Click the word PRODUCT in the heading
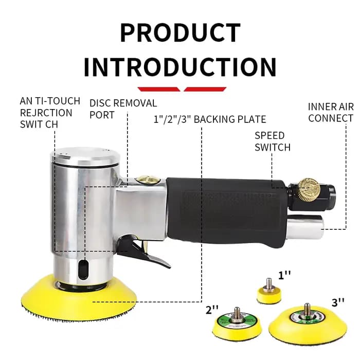coord(180,32)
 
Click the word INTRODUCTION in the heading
coord(180,66)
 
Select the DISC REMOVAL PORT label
coord(123,109)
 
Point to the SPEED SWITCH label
coord(273,141)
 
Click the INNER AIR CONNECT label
coord(331,113)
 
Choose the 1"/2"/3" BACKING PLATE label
coord(210,119)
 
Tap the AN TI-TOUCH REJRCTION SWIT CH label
coord(50,113)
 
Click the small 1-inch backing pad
coord(269,292)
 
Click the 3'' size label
coord(338,303)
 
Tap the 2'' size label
coord(212,310)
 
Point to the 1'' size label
coord(285,275)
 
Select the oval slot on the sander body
coord(83,269)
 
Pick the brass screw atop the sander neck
coord(148,179)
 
